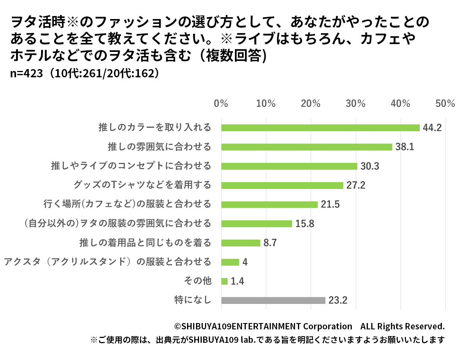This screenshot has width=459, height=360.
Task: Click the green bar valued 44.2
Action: pos(320,128)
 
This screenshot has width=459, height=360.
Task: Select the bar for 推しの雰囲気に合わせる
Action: pos(307,147)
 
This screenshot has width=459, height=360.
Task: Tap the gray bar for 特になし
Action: pos(273,300)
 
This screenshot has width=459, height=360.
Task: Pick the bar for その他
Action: pos(224,281)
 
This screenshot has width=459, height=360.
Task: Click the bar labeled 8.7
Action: pos(241,243)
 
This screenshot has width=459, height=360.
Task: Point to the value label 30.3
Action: pos(369,166)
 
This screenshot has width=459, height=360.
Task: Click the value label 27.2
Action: pos(355,186)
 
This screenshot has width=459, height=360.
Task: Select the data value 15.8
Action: pos(304,224)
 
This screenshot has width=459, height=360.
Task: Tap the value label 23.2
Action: pos(338,300)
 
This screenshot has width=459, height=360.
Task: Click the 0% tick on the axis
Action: pos(221,103)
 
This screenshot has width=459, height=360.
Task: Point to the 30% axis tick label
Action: pos(356,103)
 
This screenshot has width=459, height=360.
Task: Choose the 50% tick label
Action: pos(445,103)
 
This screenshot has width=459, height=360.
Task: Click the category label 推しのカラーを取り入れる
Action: pos(155,128)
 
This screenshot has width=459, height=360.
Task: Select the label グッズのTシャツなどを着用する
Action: pos(142,185)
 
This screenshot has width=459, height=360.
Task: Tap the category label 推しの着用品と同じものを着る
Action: pos(145,243)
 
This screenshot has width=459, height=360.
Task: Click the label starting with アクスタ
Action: pos(108,262)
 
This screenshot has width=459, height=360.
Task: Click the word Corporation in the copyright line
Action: pos(327,326)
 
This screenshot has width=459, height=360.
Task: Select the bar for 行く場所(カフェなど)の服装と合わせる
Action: pos(269,205)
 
